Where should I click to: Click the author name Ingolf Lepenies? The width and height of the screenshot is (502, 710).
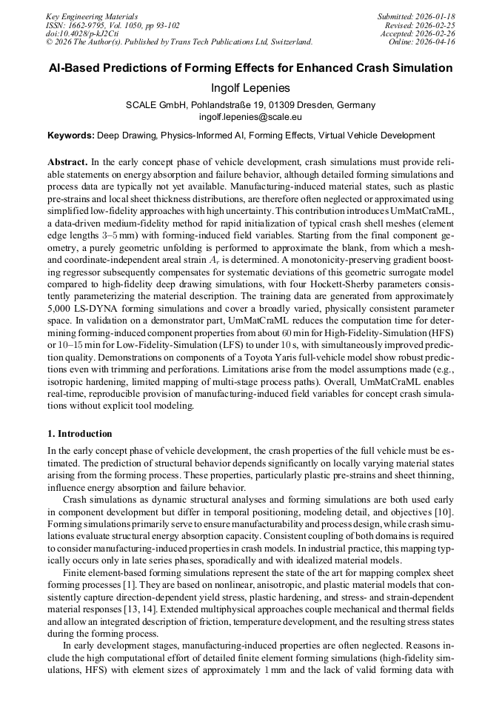point(250,88)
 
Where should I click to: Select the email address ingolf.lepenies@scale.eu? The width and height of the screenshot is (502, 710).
point(250,117)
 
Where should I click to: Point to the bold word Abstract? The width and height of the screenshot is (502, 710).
point(67,161)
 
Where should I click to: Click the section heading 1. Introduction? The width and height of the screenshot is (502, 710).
point(80,433)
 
